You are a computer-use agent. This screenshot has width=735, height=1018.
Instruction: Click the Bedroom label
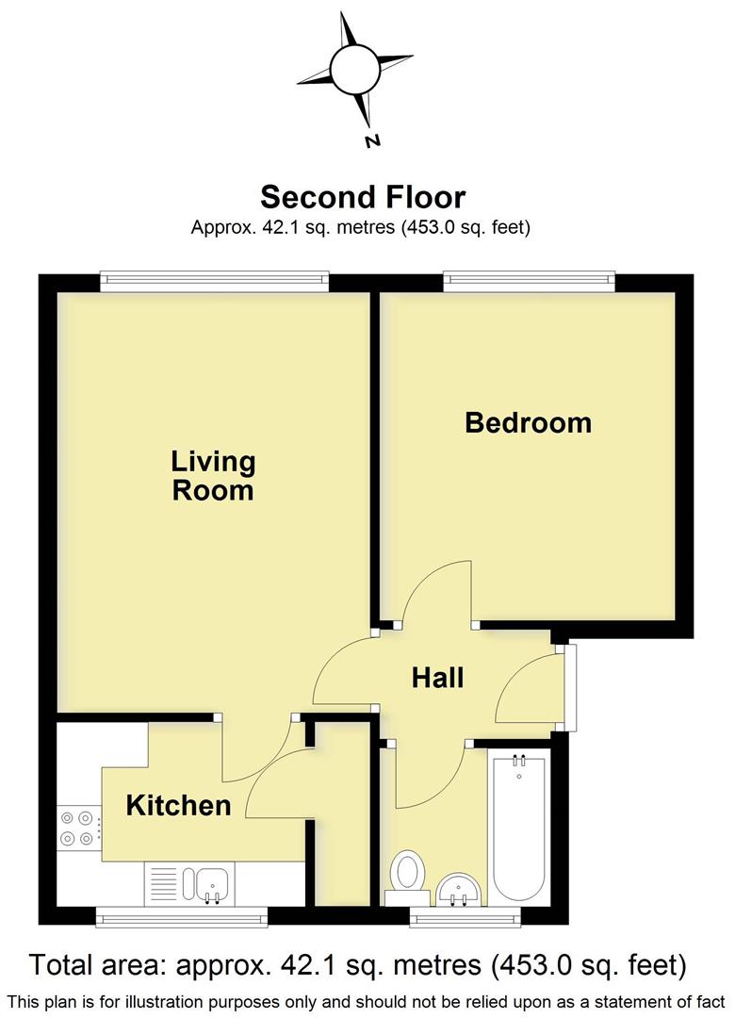(528, 422)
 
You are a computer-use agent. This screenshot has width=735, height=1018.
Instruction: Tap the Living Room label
(213, 476)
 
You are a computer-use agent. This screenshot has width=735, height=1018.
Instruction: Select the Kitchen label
(178, 805)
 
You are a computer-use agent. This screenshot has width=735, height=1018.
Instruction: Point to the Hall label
(438, 677)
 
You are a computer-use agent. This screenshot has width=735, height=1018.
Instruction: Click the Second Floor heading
(362, 197)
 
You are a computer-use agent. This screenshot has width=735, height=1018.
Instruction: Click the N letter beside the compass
(372, 141)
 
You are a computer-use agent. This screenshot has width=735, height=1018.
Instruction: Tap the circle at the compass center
(353, 67)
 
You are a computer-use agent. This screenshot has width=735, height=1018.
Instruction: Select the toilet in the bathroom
(409, 871)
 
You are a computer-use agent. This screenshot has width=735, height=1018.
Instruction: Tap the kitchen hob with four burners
(78, 828)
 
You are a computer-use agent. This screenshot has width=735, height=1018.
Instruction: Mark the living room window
(215, 278)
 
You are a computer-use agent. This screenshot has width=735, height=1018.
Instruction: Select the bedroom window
(530, 278)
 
